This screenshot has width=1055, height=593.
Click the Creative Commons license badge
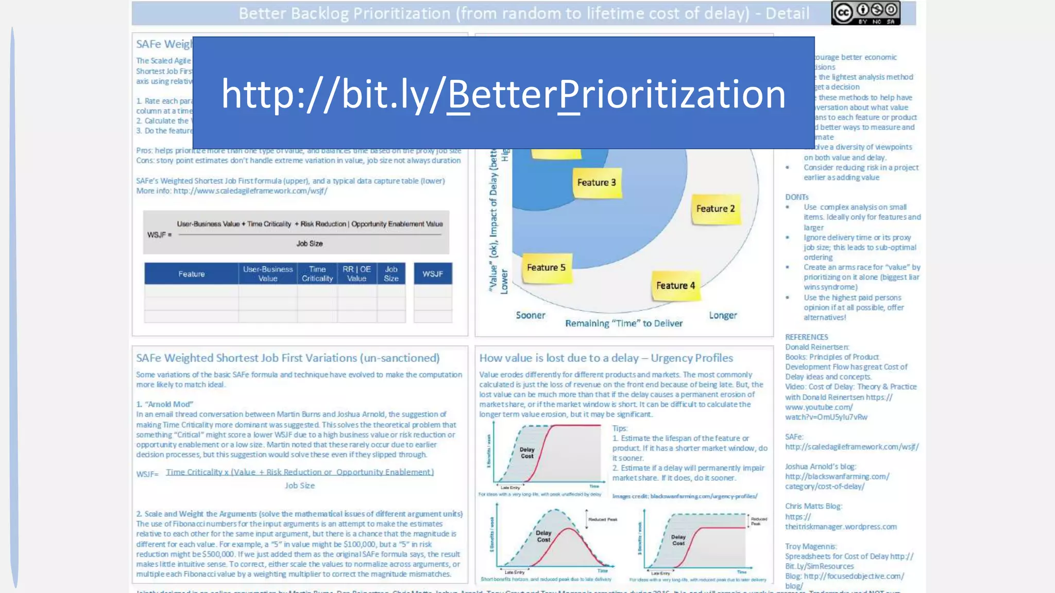(865, 13)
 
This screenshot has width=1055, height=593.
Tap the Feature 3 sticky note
(597, 183)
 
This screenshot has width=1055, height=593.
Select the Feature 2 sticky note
(716, 208)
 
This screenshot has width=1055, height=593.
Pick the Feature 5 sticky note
(546, 268)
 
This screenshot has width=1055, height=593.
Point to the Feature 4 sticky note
(675, 286)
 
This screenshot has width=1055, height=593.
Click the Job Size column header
(391, 274)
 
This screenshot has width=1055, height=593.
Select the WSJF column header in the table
(433, 274)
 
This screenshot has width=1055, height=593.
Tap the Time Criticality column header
(317, 274)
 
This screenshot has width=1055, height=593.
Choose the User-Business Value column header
(268, 274)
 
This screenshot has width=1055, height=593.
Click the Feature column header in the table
(192, 274)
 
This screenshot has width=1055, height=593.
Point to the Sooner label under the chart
(531, 316)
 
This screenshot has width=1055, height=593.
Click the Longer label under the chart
(723, 316)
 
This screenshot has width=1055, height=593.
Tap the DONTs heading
(797, 197)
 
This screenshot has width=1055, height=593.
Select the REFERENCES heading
(807, 337)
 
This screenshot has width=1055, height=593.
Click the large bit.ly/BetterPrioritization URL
(503, 94)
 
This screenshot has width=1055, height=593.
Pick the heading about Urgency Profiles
(606, 358)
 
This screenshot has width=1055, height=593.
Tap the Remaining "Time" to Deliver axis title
(624, 324)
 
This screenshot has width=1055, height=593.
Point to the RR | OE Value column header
(356, 274)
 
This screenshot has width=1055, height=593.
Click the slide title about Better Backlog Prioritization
(524, 13)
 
